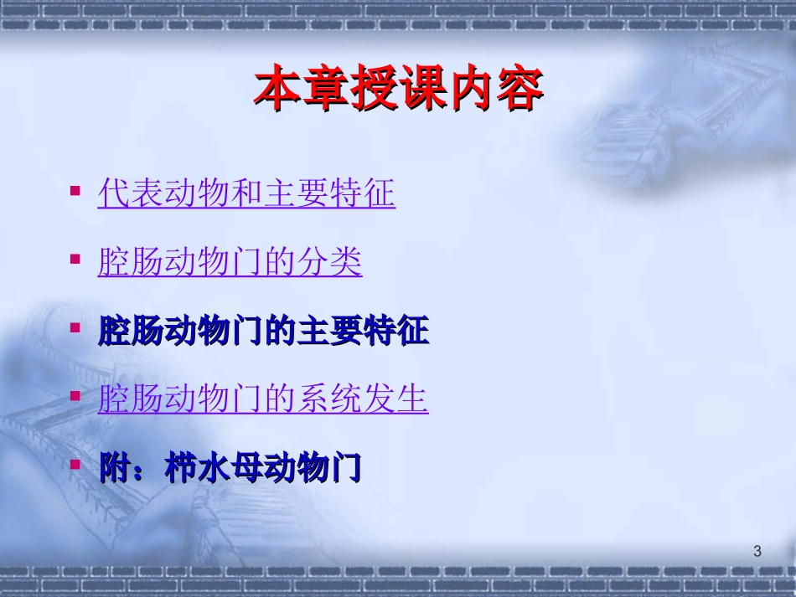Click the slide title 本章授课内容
tap(398, 90)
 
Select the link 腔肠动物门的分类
tap(230, 263)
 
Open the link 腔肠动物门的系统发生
tap(263, 399)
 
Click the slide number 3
tap(757, 551)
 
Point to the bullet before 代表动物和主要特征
tap(76, 191)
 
